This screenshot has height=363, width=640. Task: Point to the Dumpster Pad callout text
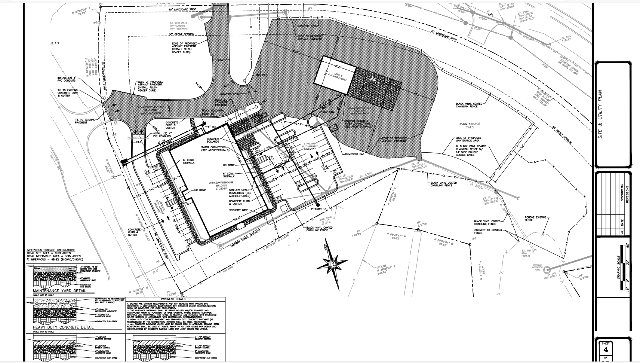click(355, 153)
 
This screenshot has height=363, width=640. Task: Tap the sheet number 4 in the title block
click(606, 350)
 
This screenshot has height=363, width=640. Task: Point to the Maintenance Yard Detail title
click(59, 290)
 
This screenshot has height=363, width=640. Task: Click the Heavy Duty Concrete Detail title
click(63, 327)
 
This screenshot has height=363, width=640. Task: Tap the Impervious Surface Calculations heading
click(51, 250)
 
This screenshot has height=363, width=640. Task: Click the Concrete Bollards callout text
click(213, 141)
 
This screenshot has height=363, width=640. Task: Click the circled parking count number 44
click(334, 172)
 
